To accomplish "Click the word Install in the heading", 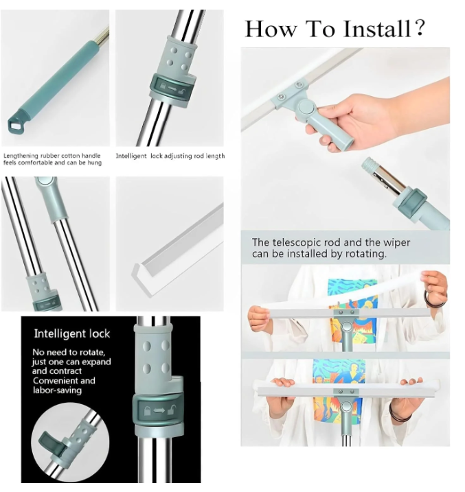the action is click(377, 29).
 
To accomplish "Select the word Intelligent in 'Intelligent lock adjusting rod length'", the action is click(131, 156).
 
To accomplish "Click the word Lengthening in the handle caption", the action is click(21, 156).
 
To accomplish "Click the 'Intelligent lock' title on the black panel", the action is click(72, 334).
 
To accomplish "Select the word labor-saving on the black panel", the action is click(57, 390).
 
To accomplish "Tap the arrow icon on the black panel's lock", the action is click(158, 410).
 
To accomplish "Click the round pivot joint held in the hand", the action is click(304, 107).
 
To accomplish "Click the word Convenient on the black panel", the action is click(53, 381).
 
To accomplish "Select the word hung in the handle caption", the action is click(95, 163).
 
